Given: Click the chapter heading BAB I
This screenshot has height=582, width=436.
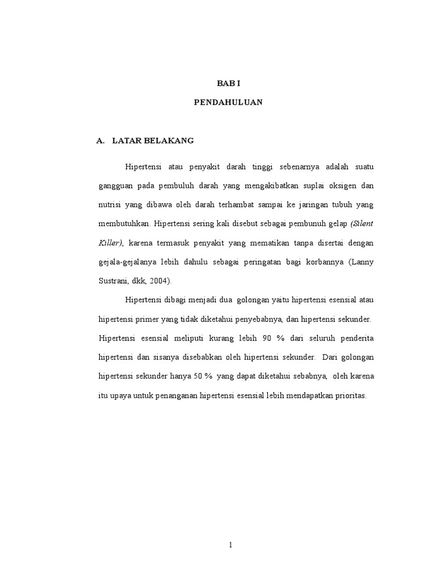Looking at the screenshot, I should pos(229,83).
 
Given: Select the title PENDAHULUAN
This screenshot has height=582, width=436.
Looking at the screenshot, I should pos(229,103).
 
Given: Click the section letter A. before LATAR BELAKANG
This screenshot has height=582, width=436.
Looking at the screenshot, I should pos(102,140).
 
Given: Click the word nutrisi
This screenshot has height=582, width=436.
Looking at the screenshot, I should pos(109,205).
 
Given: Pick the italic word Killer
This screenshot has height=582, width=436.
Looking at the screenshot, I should pos(110,243).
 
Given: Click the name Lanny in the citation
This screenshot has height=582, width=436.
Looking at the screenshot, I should pos(362,261).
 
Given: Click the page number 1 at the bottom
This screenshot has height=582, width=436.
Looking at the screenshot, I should pos(230,545).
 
